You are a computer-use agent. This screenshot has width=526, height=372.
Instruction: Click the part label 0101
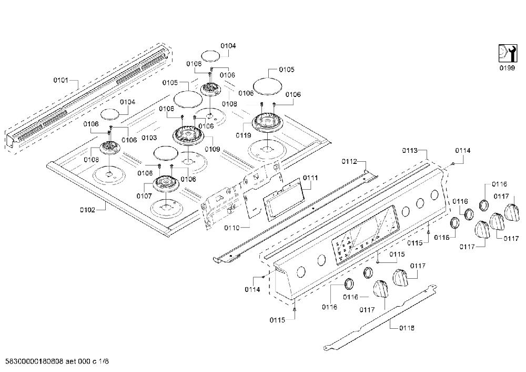[60, 80]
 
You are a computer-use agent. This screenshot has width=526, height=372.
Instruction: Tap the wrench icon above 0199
[507, 53]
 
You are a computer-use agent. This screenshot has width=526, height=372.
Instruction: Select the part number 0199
[507, 68]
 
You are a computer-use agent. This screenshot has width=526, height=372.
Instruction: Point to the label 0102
[87, 210]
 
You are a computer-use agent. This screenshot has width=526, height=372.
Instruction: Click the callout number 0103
[149, 138]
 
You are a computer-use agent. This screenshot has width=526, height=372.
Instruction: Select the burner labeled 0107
[166, 184]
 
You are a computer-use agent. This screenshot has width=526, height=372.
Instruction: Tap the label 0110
[232, 228]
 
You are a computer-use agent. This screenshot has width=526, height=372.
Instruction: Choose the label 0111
[310, 178]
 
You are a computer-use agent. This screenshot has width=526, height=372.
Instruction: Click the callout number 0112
[349, 162]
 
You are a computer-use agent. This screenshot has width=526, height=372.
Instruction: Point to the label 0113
[410, 151]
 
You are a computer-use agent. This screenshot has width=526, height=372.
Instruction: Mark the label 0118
[407, 328]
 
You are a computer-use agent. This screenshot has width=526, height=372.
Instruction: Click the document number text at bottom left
[55, 361]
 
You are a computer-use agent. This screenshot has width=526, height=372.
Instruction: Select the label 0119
[243, 135]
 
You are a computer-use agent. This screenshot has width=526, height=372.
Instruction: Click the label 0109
[213, 149]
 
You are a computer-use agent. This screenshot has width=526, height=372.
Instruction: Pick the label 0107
[144, 196]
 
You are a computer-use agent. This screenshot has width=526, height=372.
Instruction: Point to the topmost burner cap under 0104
[210, 56]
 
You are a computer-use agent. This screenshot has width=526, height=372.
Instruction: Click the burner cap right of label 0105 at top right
[267, 86]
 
